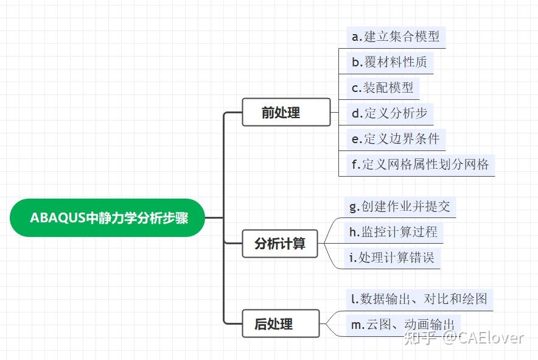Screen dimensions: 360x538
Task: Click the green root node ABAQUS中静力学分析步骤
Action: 108,217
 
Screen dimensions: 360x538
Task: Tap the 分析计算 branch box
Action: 280,244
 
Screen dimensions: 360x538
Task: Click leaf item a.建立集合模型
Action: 396,37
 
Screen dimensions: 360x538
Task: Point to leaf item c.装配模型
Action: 383,88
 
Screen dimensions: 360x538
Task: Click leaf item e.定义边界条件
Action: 396,139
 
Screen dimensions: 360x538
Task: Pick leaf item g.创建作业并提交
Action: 400,206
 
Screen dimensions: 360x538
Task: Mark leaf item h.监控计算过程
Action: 393,231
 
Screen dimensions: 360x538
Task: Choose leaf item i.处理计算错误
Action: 392,257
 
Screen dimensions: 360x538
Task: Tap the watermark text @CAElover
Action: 482,337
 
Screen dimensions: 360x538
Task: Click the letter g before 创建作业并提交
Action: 354,207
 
